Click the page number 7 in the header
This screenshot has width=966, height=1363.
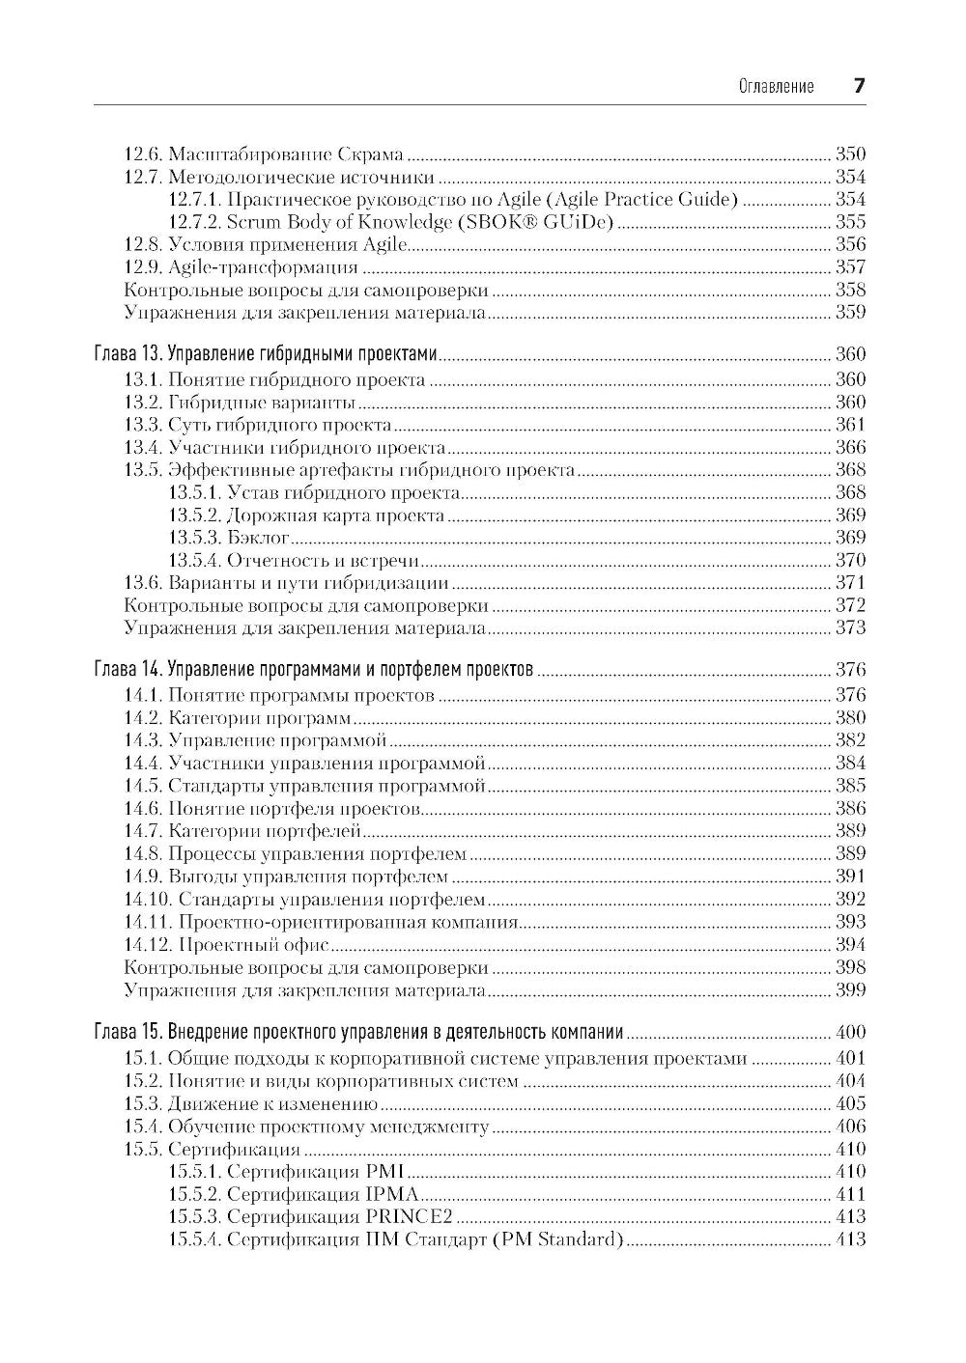coord(859,86)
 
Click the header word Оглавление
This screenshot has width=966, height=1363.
coord(776,87)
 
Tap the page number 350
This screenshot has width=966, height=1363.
coord(850,154)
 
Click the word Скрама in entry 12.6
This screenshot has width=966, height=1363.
coord(371,154)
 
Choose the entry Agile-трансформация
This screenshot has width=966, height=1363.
coord(263,267)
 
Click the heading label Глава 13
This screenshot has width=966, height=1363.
coord(128,354)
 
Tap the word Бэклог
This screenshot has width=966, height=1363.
coord(258,538)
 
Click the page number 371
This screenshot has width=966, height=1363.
coord(850,583)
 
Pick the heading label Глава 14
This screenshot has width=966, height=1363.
coord(128,670)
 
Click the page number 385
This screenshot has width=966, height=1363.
coord(850,786)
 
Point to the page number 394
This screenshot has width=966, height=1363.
coord(850,944)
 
